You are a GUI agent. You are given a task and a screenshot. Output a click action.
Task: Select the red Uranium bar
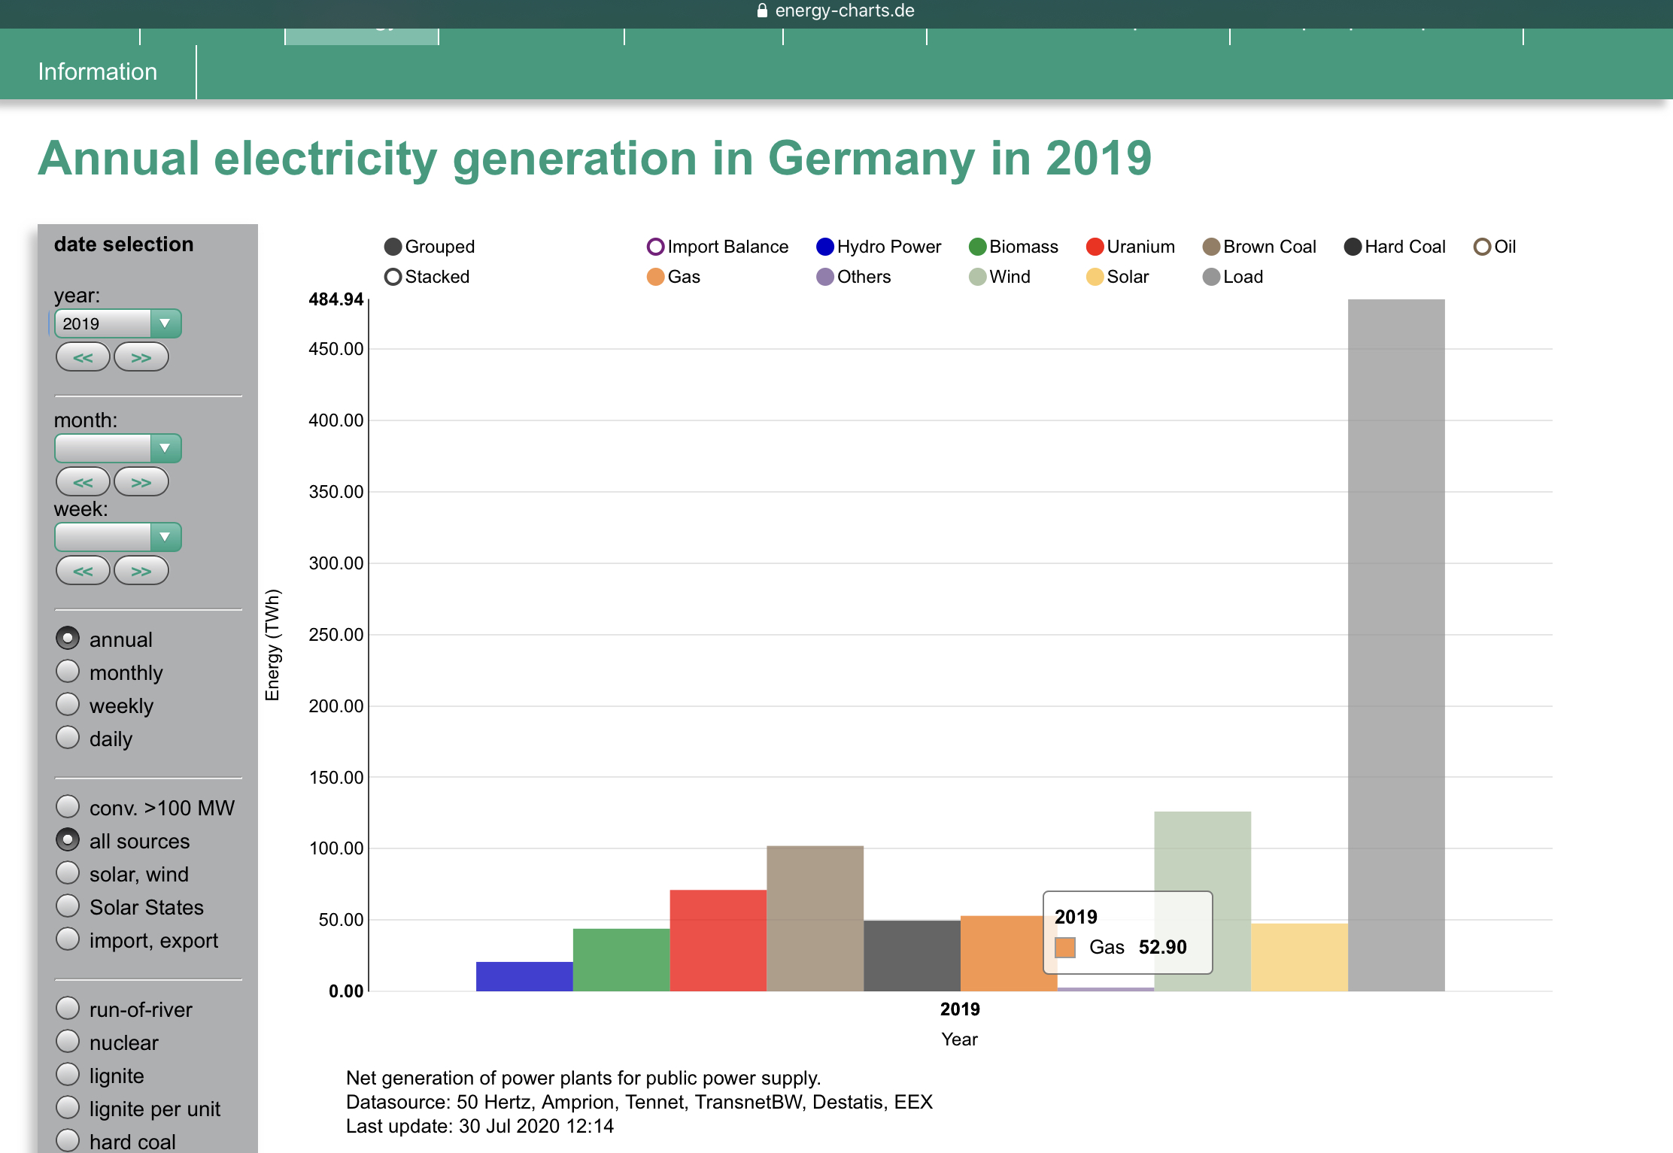(x=718, y=939)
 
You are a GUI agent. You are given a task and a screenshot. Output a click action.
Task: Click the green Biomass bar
(x=621, y=959)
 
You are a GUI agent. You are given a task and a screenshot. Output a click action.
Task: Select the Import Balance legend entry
(x=718, y=247)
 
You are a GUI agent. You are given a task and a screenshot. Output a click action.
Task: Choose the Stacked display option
(x=427, y=277)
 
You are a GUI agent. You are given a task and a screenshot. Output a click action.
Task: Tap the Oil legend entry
(x=1495, y=247)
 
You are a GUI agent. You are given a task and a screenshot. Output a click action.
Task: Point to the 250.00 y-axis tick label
(x=336, y=635)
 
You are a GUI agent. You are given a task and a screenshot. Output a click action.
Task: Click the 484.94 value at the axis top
(x=336, y=299)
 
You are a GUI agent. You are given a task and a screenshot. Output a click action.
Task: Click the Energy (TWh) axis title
(x=272, y=645)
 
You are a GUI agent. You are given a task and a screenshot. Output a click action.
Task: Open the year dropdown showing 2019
(x=117, y=323)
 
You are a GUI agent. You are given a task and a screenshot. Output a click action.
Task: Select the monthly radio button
(x=68, y=672)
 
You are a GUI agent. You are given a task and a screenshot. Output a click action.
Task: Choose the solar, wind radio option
(x=68, y=873)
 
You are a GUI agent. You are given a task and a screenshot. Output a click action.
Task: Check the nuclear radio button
(x=68, y=1042)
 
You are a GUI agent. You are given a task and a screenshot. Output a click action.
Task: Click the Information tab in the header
(x=98, y=71)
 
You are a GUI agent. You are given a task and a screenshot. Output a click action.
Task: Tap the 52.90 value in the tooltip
(x=1162, y=947)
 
